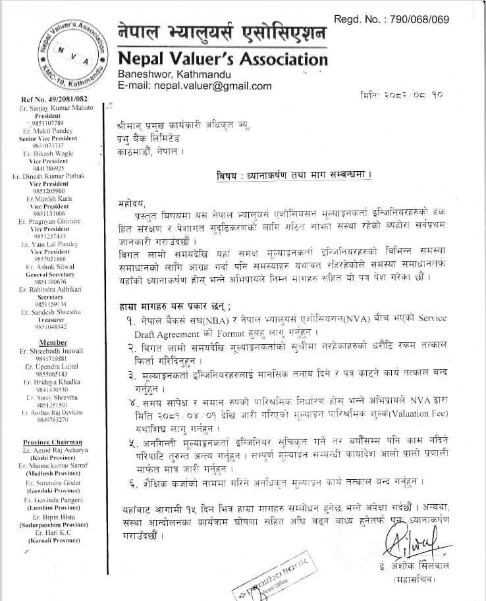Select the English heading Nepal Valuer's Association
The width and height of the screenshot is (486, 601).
coord(223,59)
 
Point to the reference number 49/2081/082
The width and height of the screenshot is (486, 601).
coord(48,99)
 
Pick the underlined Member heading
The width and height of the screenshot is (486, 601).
coord(53,342)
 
